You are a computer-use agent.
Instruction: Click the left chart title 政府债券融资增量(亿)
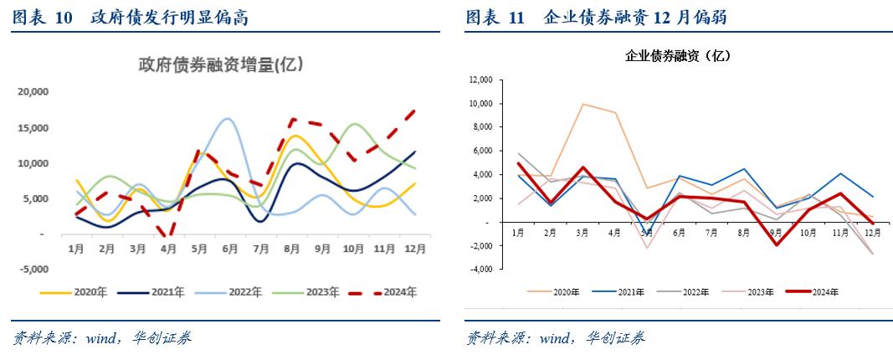tap(220, 64)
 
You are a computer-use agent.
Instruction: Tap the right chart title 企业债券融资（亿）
tap(679, 56)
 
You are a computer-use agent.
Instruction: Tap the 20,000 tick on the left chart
tap(34, 92)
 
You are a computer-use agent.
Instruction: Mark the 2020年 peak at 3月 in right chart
tap(583, 104)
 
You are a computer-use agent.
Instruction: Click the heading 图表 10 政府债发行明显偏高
tap(130, 18)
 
